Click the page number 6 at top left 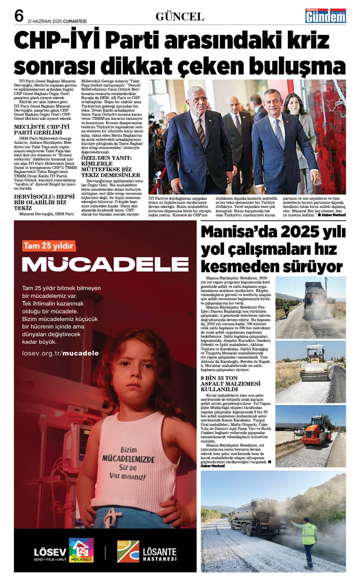19,16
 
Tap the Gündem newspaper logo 325,16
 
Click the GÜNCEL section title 180,17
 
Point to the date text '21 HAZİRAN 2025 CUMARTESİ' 57,21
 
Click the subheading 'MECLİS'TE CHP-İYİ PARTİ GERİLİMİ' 41,130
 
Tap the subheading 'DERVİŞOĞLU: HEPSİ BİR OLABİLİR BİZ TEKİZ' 44,202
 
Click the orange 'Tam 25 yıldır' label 49,246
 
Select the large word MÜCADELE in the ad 105,264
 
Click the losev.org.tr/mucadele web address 60,353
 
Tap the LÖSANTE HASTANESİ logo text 159,554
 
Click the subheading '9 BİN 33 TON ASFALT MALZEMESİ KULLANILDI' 230,383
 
